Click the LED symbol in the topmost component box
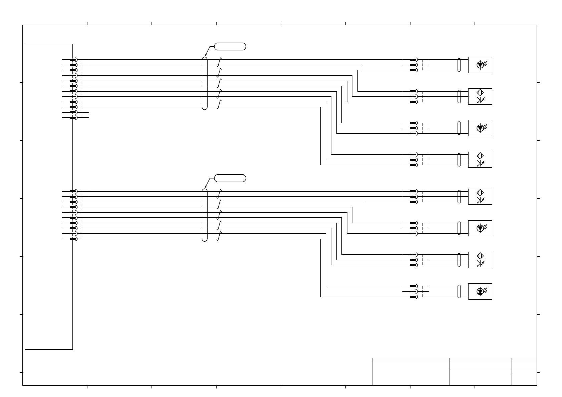coord(480,65)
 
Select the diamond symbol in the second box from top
coord(480,93)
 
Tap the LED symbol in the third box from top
coord(480,128)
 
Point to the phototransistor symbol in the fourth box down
coord(480,163)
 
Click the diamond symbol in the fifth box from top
coord(480,193)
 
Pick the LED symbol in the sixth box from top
coord(480,228)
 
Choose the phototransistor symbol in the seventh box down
coord(480,263)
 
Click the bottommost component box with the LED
coord(480,291)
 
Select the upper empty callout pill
coord(230,46)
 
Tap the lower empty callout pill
coord(230,178)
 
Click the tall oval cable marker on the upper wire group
coord(205,83)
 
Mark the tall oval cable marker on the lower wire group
coord(205,215)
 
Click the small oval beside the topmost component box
coord(459,65)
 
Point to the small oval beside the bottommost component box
coord(459,291)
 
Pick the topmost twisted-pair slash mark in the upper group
coord(219,62)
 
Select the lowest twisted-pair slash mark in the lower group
coord(219,236)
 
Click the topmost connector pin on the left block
coord(73,60)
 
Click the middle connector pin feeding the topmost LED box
coord(413,65)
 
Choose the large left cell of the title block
coord(411,373)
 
